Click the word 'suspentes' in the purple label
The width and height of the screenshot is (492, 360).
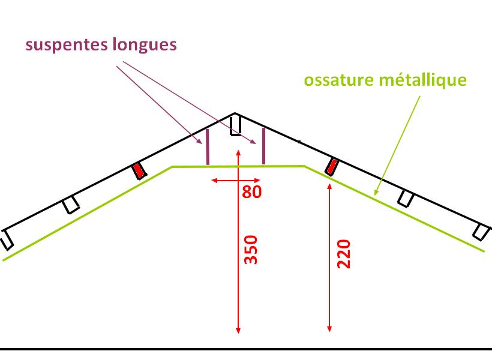(64, 46)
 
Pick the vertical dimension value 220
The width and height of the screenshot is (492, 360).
(344, 254)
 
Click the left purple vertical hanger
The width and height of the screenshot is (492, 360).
(208, 147)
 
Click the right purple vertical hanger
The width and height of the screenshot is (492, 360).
(263, 146)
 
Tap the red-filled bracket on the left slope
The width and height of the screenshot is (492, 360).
(139, 171)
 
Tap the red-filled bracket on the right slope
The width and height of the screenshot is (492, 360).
(331, 166)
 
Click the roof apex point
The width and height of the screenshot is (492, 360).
(235, 113)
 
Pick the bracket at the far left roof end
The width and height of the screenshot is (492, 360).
(7, 239)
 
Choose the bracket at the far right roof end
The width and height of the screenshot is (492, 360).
(481, 232)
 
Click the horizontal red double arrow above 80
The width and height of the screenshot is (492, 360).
(236, 180)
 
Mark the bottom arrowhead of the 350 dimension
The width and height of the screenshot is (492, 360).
(239, 331)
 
